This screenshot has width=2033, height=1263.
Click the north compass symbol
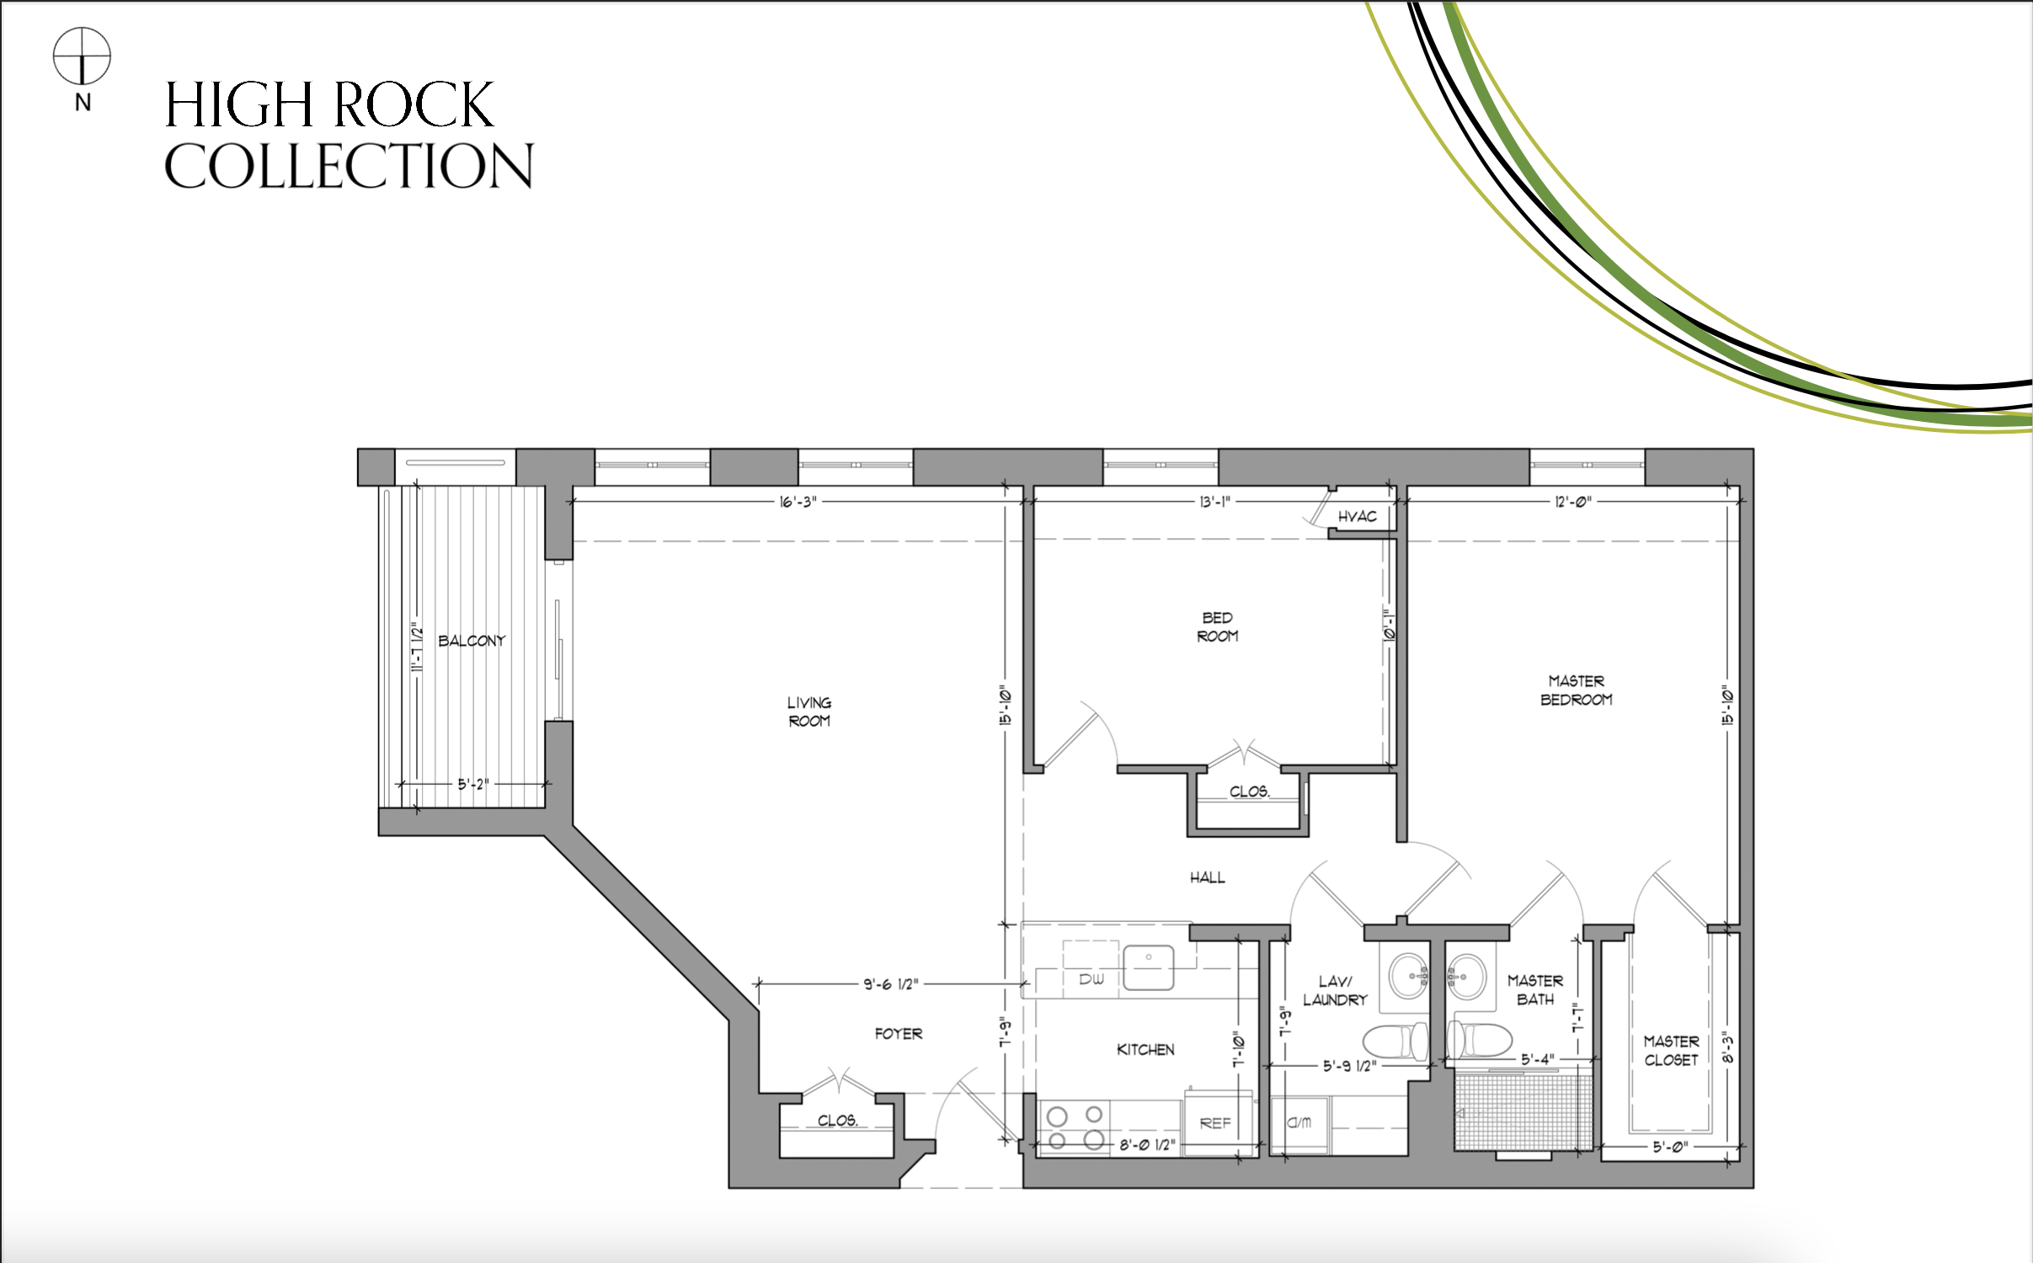pyautogui.click(x=82, y=57)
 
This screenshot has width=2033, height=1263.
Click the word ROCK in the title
pyautogui.click(x=412, y=104)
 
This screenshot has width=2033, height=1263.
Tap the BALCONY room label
pyautogui.click(x=472, y=641)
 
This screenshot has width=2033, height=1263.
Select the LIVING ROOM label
pyautogui.click(x=809, y=711)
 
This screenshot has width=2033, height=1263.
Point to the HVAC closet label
pyautogui.click(x=1357, y=516)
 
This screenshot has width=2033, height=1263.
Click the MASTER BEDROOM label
pyautogui.click(x=1577, y=690)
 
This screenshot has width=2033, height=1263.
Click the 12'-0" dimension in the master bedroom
pyautogui.click(x=1572, y=503)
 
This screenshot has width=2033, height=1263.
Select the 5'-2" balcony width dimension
pyautogui.click(x=472, y=784)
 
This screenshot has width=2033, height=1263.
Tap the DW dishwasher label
pyautogui.click(x=1091, y=979)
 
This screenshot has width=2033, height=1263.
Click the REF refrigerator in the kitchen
pyautogui.click(x=1214, y=1123)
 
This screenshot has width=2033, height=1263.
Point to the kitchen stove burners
pyautogui.click(x=1074, y=1127)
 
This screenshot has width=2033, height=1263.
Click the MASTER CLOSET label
pyautogui.click(x=1671, y=1051)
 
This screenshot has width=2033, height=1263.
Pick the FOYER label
pyautogui.click(x=898, y=1034)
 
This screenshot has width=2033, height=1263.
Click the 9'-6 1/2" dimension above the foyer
pyautogui.click(x=890, y=983)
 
